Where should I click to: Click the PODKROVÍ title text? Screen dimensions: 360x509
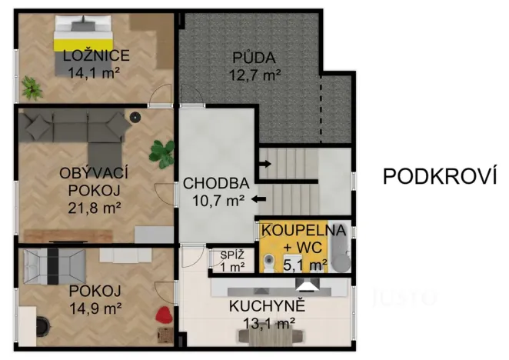click(436, 176)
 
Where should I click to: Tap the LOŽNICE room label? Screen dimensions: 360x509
click(96, 55)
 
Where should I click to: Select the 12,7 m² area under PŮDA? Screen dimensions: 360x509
click(254, 75)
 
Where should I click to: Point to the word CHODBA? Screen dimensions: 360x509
click(215, 184)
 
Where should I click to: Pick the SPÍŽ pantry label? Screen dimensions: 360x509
click(232, 255)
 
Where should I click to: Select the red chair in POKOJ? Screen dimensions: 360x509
click(164, 313)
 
